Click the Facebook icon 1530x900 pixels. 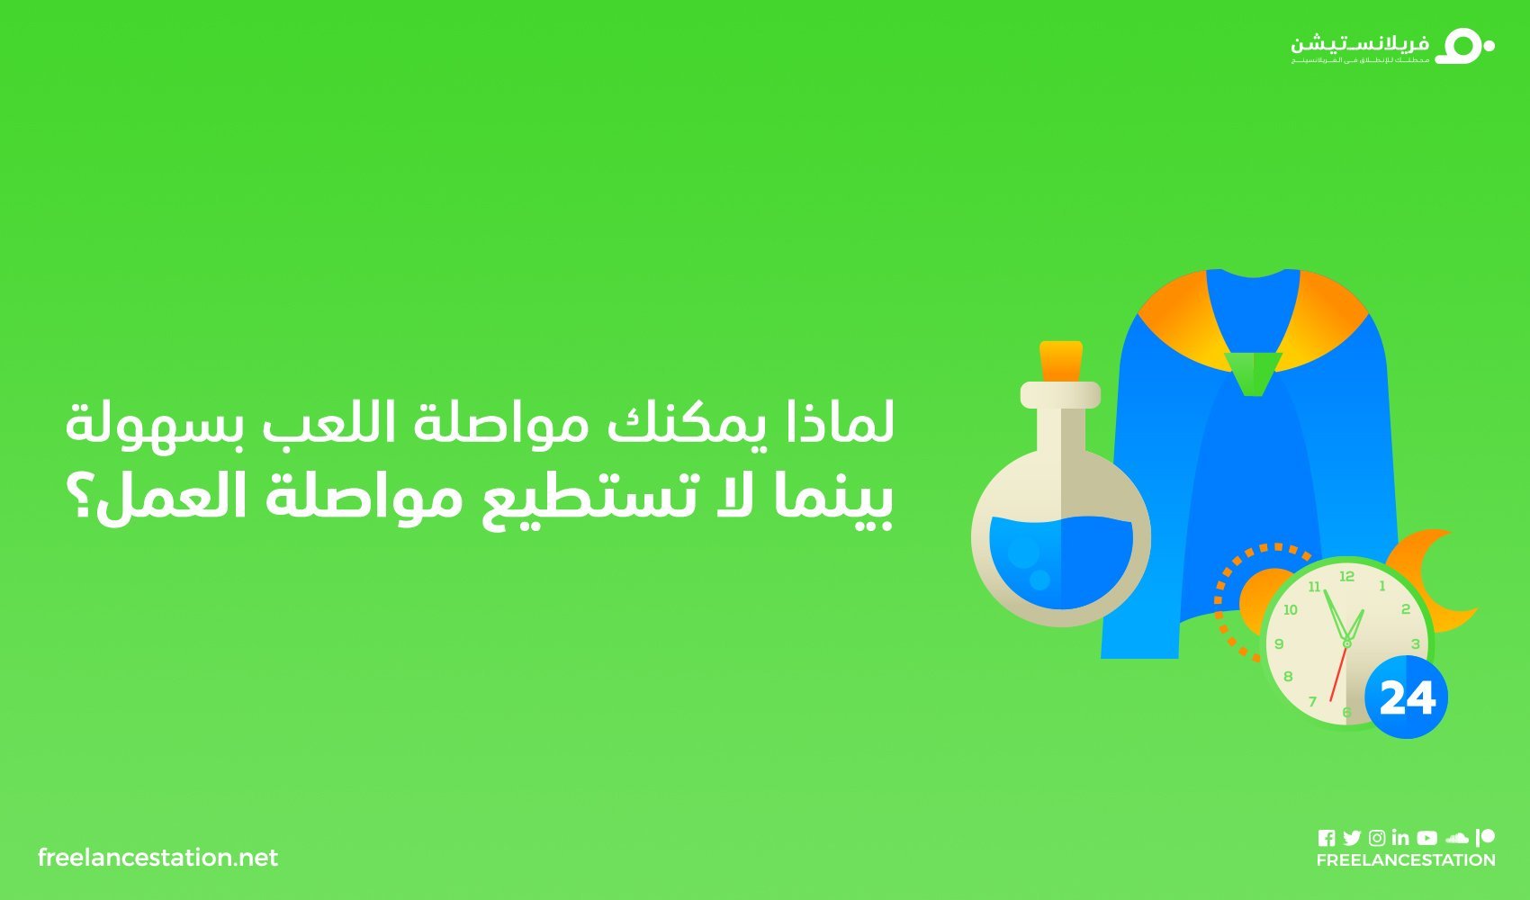(1326, 838)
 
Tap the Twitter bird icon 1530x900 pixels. (1351, 838)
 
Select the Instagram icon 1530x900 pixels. (1377, 838)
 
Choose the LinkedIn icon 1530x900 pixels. (1400, 838)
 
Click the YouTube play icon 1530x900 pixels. (1426, 838)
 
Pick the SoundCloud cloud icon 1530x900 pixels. (1457, 838)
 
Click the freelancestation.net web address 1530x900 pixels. (158, 858)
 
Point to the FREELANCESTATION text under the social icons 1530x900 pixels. (1405, 860)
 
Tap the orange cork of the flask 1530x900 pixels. (1061, 360)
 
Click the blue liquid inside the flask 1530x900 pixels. (1060, 558)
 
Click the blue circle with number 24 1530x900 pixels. (1407, 697)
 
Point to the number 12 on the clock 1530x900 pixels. (1346, 576)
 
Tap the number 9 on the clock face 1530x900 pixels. (1279, 643)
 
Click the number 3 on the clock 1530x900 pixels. (1415, 643)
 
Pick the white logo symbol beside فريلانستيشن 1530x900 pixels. (1463, 46)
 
